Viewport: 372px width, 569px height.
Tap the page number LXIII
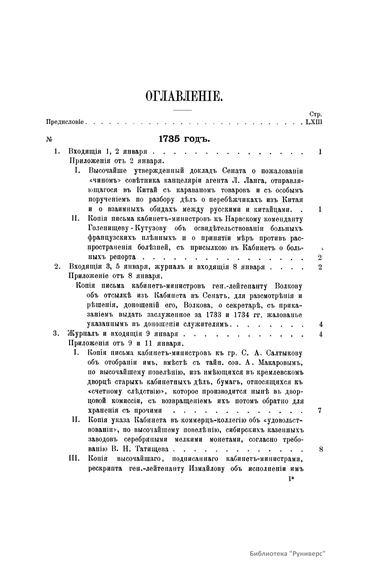[x=314, y=122]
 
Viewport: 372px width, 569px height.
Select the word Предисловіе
[x=65, y=122]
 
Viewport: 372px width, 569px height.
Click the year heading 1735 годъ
[x=184, y=139]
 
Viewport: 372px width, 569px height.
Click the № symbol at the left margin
[x=49, y=140]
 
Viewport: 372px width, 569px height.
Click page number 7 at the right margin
[x=320, y=411]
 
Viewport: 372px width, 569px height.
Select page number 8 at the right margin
[x=321, y=449]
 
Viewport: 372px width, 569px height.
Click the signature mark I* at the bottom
[x=291, y=479]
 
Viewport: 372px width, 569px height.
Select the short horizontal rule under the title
[x=183, y=110]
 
